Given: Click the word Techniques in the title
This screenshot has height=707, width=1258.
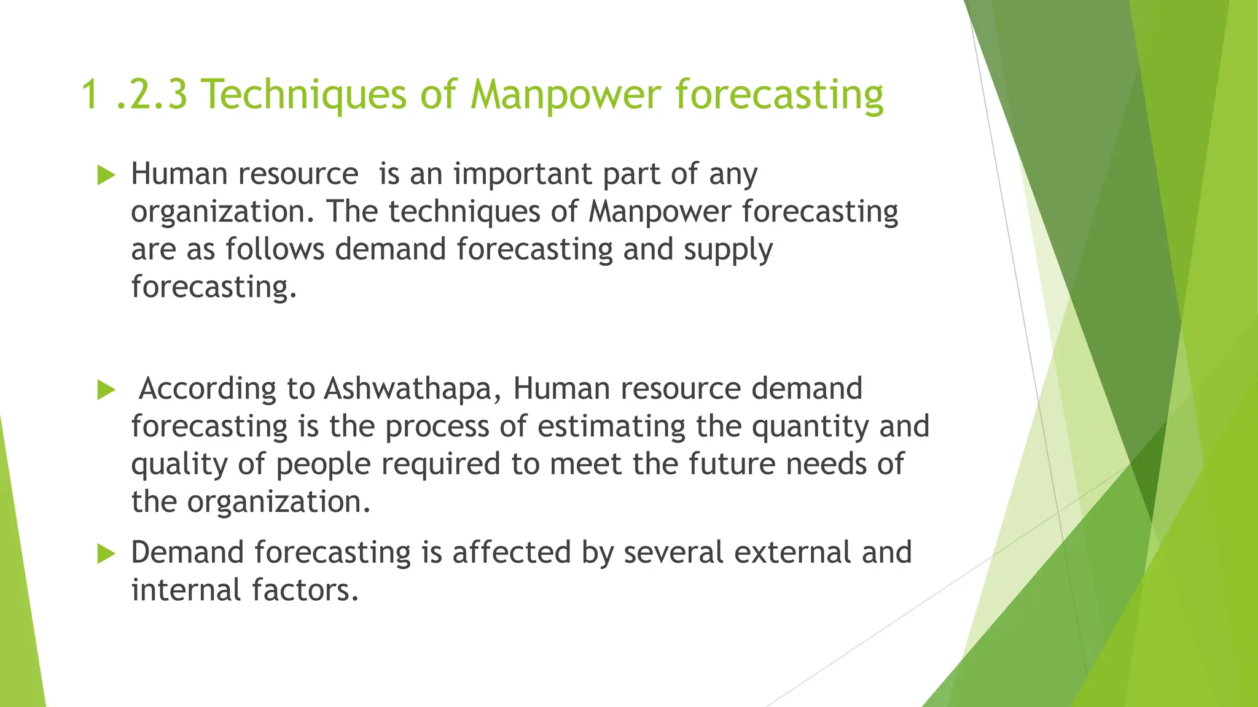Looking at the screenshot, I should pos(304,95).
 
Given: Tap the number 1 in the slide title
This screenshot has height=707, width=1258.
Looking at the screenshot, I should pos(90,95).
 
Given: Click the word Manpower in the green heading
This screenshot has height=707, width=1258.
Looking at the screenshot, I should pos(565,95).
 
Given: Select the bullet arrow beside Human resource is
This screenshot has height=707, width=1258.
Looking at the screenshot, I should pos(106,176).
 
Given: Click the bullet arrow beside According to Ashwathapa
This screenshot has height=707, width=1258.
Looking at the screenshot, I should pos(106,390).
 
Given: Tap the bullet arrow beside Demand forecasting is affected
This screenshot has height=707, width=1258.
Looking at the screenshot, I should pos(106,554).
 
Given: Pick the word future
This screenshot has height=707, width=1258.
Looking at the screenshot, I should pos(732,464).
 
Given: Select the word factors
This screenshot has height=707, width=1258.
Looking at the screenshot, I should pos(305,590).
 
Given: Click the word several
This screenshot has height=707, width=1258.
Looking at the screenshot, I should pos(673,552).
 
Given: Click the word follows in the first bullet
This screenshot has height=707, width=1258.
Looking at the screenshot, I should pos(275,250).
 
